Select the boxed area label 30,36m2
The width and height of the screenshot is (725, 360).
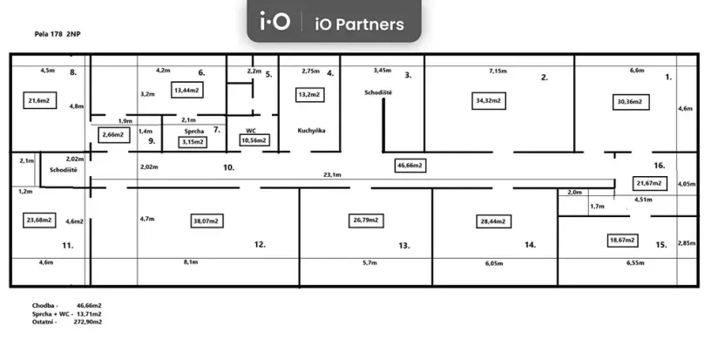point(628,102)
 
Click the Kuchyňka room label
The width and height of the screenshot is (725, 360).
point(310,130)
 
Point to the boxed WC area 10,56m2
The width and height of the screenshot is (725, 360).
point(254,139)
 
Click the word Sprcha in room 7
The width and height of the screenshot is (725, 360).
point(193,130)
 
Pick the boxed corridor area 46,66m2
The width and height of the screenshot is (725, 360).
point(409,165)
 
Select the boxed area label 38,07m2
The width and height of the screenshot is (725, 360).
point(208,221)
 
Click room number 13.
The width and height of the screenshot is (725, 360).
point(404,246)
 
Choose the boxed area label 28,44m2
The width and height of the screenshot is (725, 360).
point(492,221)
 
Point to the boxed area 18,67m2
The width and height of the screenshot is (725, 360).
point(622,239)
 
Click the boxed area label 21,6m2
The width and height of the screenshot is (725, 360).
point(38,101)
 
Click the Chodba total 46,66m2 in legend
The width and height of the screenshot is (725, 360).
point(89,306)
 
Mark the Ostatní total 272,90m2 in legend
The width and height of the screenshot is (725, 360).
point(89,322)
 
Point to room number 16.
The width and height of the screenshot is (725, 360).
point(660,164)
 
